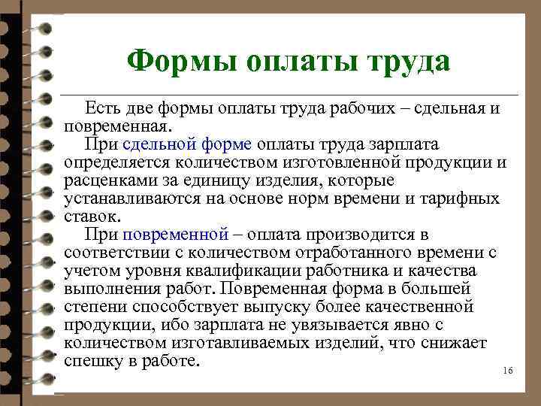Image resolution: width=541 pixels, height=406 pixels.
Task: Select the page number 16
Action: [506, 372]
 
